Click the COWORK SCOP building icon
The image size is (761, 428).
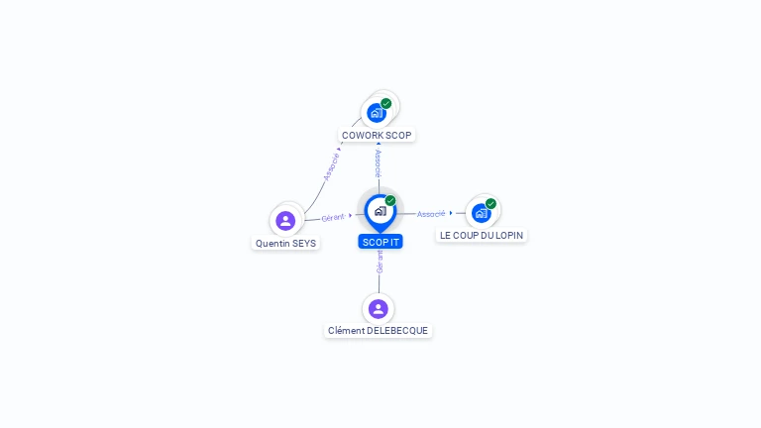tap(376, 113)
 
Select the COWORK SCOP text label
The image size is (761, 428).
tap(377, 135)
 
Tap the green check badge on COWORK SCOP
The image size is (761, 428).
tap(386, 103)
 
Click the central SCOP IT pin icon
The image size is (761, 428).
tap(380, 211)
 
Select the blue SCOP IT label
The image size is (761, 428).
tap(381, 242)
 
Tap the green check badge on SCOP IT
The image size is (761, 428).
tap(390, 201)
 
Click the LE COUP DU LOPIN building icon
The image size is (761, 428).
tap(481, 212)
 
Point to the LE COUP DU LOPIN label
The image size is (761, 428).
tap(482, 235)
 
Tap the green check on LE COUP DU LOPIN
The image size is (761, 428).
tap(490, 204)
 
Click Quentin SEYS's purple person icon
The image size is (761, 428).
tap(285, 220)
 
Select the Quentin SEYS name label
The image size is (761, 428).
tap(285, 243)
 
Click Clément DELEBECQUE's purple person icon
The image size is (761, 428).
tap(379, 308)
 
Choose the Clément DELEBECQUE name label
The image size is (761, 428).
tap(379, 330)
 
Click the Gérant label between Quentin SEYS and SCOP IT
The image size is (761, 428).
tap(333, 217)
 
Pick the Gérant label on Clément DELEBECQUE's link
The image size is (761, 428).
tap(380, 261)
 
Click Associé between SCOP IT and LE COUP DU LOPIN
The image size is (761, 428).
tap(430, 214)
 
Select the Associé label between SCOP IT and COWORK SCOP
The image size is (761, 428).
tap(379, 162)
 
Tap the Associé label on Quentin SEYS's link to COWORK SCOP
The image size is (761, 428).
tap(331, 164)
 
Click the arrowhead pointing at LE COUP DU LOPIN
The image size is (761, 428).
tap(451, 213)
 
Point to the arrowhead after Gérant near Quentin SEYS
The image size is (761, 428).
tap(351, 215)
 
